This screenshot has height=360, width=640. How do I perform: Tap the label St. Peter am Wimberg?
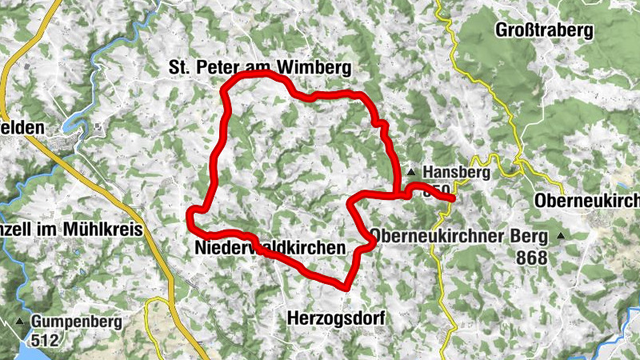pyautogui.click(x=260, y=70)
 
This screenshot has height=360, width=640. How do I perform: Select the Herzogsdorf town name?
pyautogui.click(x=335, y=318)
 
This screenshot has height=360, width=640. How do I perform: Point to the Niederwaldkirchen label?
pyautogui.click(x=270, y=249)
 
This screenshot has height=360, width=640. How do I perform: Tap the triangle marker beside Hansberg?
pyautogui.click(x=411, y=172)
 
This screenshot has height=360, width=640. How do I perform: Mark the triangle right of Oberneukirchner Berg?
pyautogui.click(x=562, y=237)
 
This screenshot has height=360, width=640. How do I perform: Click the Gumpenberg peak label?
pyautogui.click(x=77, y=322)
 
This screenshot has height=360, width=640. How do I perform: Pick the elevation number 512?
pyautogui.click(x=46, y=340)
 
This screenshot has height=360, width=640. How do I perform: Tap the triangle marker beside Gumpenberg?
pyautogui.click(x=19, y=322)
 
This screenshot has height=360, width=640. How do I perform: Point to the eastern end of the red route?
pyautogui.click(x=453, y=198)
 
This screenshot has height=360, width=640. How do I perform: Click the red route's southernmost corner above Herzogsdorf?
pyautogui.click(x=345, y=286)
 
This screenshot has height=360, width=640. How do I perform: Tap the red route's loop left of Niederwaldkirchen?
pyautogui.click(x=191, y=215)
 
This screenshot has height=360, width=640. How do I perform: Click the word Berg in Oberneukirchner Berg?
pyautogui.click(x=530, y=237)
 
